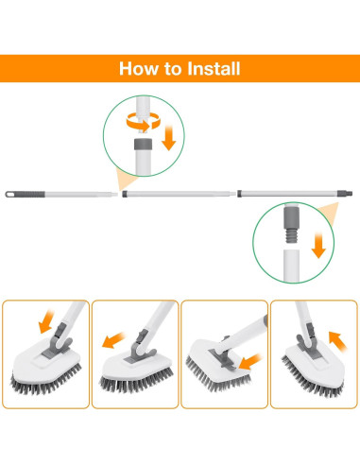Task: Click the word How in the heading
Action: (138, 69)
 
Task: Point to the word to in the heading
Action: (173, 70)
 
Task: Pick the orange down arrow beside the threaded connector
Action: (318, 249)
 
